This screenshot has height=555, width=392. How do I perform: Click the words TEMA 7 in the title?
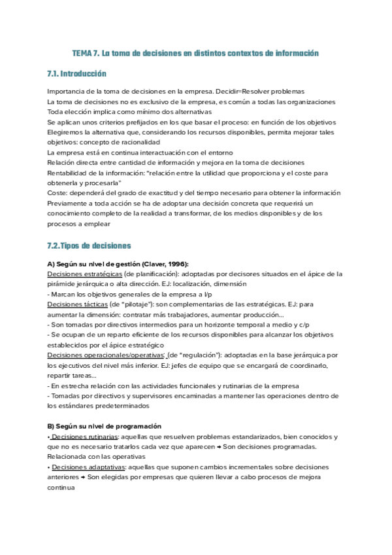point(86,52)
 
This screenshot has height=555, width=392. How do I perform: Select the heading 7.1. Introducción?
point(76,74)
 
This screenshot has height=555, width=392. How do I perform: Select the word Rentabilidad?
point(68,173)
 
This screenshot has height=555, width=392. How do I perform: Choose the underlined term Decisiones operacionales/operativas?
point(104,355)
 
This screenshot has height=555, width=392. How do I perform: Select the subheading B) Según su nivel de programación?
point(105,426)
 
